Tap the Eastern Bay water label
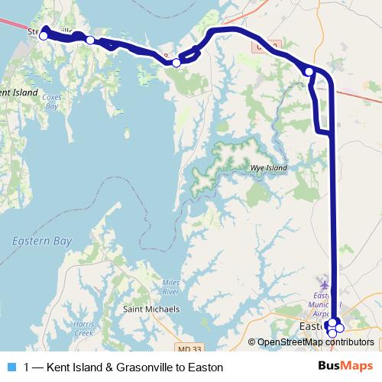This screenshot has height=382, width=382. pyautogui.click(x=42, y=241)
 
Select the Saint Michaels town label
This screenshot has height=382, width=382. pyautogui.click(x=151, y=309)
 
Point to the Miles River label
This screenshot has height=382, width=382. pyautogui.click(x=170, y=287)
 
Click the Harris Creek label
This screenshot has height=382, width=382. pyautogui.click(x=84, y=329)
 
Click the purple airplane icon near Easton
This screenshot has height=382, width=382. pyautogui.click(x=328, y=284)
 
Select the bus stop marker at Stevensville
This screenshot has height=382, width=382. pyautogui.click(x=44, y=35)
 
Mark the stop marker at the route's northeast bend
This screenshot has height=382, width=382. pyautogui.click(x=309, y=72)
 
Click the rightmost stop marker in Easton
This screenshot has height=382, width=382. pyautogui.click(x=340, y=329)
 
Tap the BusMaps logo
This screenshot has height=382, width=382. pyautogui.click(x=345, y=367)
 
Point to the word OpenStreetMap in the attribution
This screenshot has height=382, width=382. pyautogui.click(x=291, y=342)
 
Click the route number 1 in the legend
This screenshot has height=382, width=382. pyautogui.click(x=27, y=367)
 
